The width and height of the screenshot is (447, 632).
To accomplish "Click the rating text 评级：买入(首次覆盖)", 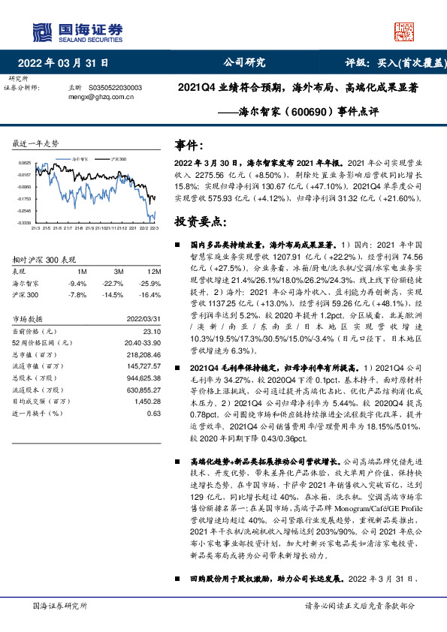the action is click(391, 64).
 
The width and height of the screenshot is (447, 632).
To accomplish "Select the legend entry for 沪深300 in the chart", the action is click(118, 160).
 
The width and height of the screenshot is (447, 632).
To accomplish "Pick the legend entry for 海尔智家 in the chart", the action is click(83, 160).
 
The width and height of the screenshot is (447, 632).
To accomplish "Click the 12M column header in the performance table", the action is click(154, 270).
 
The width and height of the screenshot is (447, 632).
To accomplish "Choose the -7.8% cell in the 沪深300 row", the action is click(77, 296).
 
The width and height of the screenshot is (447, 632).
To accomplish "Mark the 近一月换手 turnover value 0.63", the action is click(154, 414).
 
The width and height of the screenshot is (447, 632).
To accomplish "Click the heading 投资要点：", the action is click(200, 221).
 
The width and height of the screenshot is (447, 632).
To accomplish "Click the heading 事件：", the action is click(189, 144).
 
